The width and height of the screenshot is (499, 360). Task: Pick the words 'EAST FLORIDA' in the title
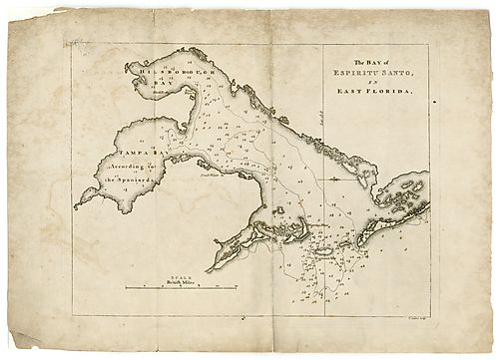374,91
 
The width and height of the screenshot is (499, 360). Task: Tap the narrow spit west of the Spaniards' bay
85,198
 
